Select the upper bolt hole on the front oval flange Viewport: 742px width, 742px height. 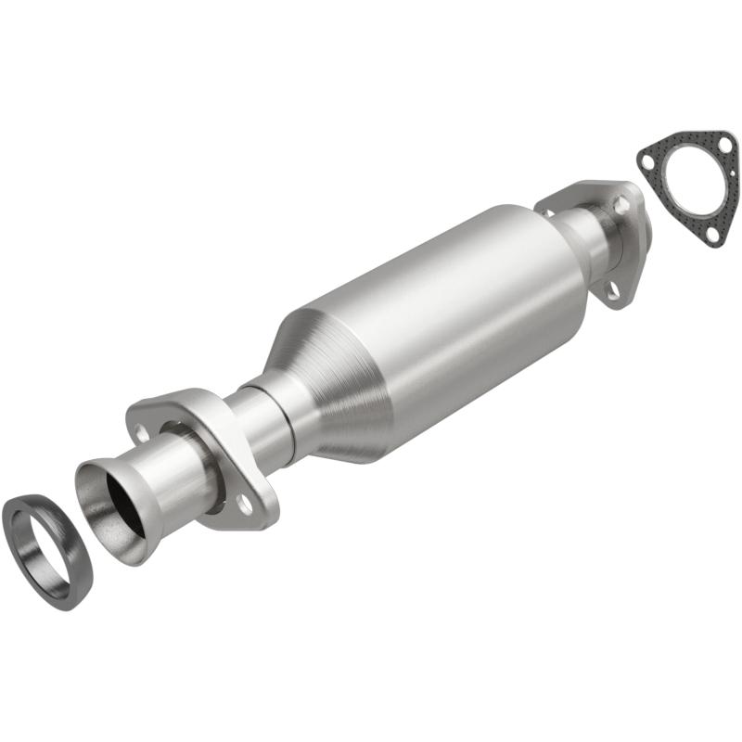(x=142, y=431)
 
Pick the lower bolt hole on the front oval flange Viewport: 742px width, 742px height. (x=244, y=504)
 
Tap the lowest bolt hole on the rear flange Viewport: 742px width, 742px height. (x=612, y=291)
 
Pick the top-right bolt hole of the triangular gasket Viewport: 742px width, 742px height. (x=726, y=147)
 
